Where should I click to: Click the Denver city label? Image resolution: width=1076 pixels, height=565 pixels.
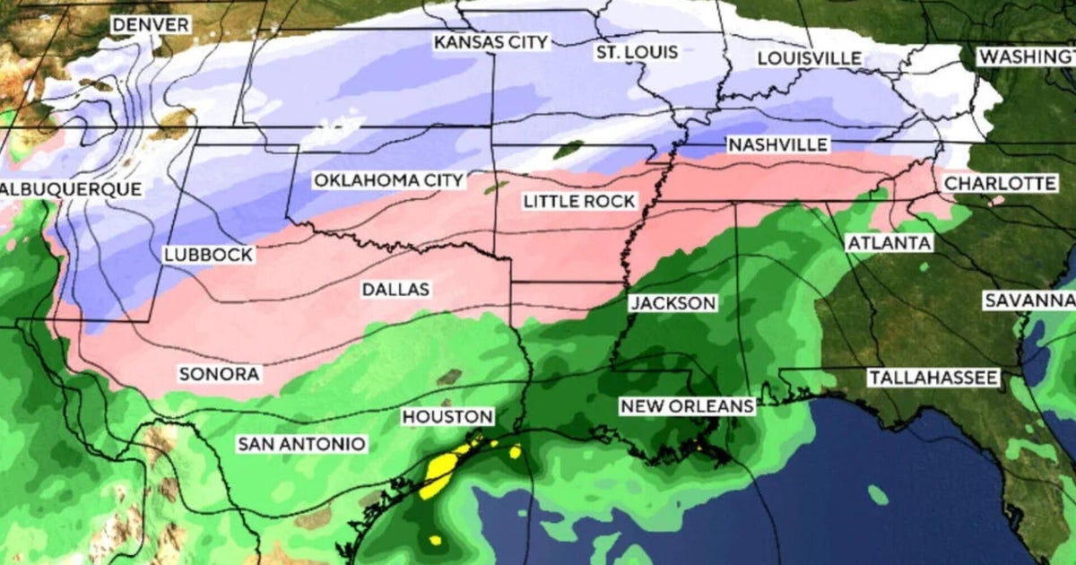pyautogui.click(x=151, y=25)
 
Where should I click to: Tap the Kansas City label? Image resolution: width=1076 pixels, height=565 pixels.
pyautogui.click(x=490, y=42)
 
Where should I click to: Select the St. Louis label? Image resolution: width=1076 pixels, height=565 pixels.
pyautogui.click(x=637, y=52)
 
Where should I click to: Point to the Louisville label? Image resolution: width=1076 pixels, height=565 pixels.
pyautogui.click(x=809, y=58)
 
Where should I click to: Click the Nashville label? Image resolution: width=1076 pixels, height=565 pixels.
pyautogui.click(x=777, y=144)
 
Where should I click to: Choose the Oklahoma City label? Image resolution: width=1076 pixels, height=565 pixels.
pyautogui.click(x=388, y=180)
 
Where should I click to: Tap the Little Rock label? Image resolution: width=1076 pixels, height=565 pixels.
pyautogui.click(x=580, y=201)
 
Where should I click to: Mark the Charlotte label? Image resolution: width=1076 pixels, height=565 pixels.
pyautogui.click(x=1001, y=183)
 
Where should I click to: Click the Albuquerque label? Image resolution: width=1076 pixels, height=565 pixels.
pyautogui.click(x=71, y=189)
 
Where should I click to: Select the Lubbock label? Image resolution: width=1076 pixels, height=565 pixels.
pyautogui.click(x=208, y=255)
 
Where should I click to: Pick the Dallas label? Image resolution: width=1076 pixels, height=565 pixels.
pyautogui.click(x=395, y=290)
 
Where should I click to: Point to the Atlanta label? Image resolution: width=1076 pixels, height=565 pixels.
pyautogui.click(x=889, y=243)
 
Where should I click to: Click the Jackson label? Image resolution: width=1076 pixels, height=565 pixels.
pyautogui.click(x=672, y=303)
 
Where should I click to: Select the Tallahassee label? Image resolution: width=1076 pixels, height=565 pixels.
pyautogui.click(x=933, y=378)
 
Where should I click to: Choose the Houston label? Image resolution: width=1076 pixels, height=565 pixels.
pyautogui.click(x=447, y=417)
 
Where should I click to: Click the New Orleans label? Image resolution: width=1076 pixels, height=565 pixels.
pyautogui.click(x=688, y=406)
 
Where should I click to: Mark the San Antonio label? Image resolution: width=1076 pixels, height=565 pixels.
pyautogui.click(x=300, y=444)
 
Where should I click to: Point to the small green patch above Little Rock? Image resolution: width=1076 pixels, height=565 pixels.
pyautogui.click(x=567, y=150)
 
